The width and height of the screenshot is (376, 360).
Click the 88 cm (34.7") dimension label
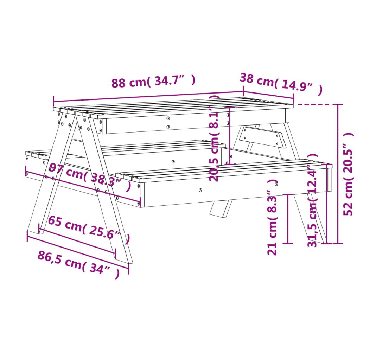click(153, 81)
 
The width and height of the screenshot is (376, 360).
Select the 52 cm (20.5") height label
click(349, 174)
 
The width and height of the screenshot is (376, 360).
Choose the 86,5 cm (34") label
click(79, 265)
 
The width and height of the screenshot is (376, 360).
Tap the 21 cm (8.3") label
click(272, 217)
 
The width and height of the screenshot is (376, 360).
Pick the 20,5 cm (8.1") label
click(214, 138)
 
